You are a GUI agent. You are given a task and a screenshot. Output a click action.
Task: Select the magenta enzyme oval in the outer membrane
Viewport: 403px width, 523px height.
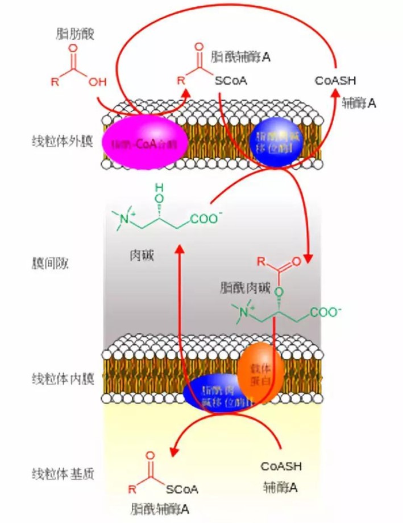coord(139,143)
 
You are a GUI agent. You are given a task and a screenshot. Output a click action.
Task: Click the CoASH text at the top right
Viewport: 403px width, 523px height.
coord(335,81)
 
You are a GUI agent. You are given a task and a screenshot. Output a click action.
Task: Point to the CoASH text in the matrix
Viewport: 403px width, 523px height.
coord(281,467)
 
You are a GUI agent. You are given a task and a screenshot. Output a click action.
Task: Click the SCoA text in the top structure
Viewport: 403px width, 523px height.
coord(231,81)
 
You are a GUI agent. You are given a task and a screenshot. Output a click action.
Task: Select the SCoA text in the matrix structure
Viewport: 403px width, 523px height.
coord(182,488)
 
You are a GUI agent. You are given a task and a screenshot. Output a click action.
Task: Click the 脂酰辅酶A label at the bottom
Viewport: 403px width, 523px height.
coord(160,507)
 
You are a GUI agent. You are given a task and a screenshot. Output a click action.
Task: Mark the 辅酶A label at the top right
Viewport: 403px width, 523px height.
coord(359,102)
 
